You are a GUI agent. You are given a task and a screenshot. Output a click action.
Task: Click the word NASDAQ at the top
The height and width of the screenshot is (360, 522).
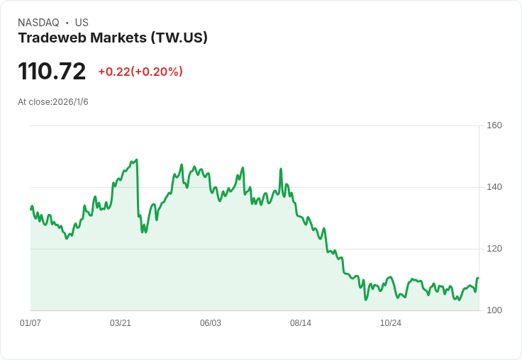pos(38,23)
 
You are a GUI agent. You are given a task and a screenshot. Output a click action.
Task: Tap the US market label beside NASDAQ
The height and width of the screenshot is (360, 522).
pos(82,23)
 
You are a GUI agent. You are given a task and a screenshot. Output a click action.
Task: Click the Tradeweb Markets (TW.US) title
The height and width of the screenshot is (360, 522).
pos(113,38)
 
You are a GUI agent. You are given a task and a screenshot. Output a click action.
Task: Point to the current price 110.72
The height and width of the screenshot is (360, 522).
pos(52,71)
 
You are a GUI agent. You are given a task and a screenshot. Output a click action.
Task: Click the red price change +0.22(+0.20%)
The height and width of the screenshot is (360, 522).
pos(140,72)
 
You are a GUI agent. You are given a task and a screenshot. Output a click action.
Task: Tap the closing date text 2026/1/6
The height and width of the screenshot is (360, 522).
pos(72,102)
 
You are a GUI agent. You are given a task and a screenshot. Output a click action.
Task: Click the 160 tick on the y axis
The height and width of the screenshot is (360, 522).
pos(494,125)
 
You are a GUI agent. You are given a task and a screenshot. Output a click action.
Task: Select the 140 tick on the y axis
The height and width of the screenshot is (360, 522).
pos(494,187)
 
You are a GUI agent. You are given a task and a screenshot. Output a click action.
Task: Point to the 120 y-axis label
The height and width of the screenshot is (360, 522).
pos(494,249)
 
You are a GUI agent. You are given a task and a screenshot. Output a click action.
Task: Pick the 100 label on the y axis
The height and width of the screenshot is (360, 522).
pos(494,310)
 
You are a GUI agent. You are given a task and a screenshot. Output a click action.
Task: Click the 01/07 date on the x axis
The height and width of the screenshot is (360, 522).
pos(30,323)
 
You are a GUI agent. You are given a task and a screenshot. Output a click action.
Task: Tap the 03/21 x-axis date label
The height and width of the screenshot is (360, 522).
pos(121,323)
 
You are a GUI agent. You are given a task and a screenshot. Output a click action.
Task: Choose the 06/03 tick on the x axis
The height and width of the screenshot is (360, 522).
pos(211,323)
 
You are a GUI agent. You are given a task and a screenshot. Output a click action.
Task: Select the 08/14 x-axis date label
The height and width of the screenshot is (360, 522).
pos(301,323)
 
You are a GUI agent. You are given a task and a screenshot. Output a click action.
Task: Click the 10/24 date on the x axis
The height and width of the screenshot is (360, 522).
pos(391,323)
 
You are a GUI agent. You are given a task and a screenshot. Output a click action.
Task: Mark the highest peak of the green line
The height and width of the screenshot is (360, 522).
pos(136,159)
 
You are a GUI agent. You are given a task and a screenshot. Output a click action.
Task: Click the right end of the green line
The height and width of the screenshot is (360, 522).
pos(478,278)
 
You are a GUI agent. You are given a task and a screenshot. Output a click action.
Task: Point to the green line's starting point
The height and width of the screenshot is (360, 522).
pos(30,209)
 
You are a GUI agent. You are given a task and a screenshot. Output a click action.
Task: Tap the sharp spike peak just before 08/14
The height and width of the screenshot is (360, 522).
pos(281,169)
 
